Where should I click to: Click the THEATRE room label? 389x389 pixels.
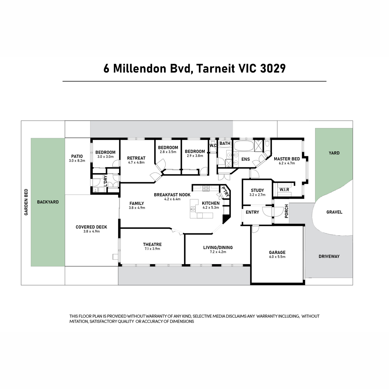[152, 244]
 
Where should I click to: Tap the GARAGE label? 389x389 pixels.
[277, 252]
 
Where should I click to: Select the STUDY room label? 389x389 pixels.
[257, 190]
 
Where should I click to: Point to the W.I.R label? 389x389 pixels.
[284, 190]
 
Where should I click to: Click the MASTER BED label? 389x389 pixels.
[287, 159]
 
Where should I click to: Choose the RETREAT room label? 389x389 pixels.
[136, 158]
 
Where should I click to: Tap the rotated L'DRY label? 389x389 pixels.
[105, 181]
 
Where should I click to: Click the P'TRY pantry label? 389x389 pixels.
[226, 192]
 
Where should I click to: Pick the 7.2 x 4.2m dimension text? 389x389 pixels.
[218, 252]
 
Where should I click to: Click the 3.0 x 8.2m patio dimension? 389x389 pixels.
[77, 161]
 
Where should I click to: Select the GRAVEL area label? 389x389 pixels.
[334, 212]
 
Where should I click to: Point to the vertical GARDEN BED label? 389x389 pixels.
[26, 202]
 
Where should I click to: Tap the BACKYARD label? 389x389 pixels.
[48, 202]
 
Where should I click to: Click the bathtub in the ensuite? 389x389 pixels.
[243, 146]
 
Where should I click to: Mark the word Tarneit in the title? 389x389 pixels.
[215, 69]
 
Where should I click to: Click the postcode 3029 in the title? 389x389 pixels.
[273, 69]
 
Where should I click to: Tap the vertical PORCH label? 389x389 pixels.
[286, 211]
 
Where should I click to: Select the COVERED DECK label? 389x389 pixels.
[91, 227]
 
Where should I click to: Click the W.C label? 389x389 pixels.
[213, 146]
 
